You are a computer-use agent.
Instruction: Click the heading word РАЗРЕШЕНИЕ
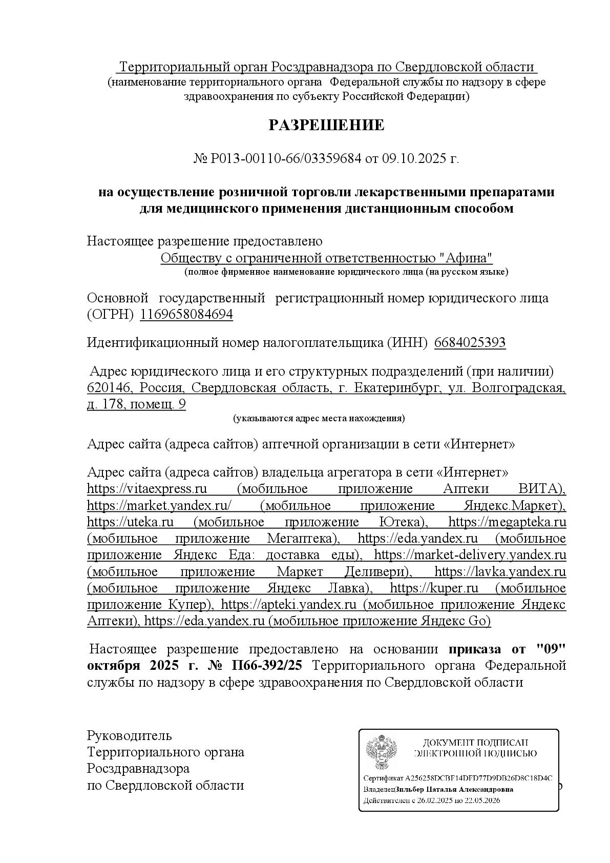click(x=326, y=126)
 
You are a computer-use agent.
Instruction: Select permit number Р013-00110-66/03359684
click(x=286, y=159)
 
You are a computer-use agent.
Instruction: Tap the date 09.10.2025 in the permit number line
click(x=411, y=159)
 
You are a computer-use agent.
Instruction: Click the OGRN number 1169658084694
click(x=186, y=315)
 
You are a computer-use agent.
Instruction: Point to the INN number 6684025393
click(x=470, y=343)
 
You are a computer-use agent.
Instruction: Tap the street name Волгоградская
click(x=518, y=388)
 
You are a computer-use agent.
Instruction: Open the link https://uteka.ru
click(x=130, y=522)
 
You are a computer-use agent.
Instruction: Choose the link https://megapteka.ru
click(x=507, y=522)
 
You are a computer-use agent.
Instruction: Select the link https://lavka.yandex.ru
click(x=500, y=571)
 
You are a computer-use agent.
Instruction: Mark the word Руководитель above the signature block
click(x=130, y=736)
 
